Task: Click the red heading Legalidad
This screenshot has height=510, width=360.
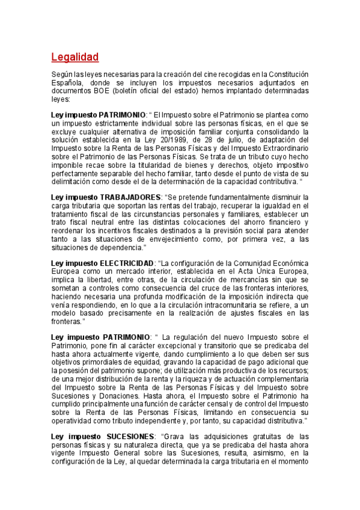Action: click(75, 58)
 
